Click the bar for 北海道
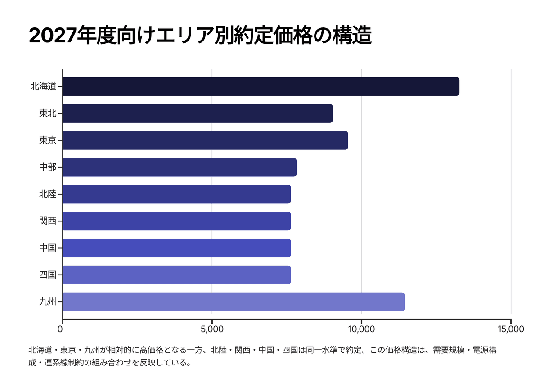pyautogui.click(x=261, y=86)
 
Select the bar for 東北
pyautogui.click(x=198, y=113)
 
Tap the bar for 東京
pyautogui.click(x=205, y=140)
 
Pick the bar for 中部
pyautogui.click(x=180, y=167)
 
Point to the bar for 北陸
pyautogui.click(x=177, y=194)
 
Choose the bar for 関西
pyautogui.click(x=177, y=221)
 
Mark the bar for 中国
pyautogui.click(x=177, y=248)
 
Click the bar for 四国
pyautogui.click(x=177, y=275)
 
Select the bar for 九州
pyautogui.click(x=234, y=302)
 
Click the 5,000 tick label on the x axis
pyautogui.click(x=212, y=329)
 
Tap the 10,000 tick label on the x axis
pyautogui.click(x=361, y=329)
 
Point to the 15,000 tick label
pyautogui.click(x=511, y=329)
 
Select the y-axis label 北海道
pyautogui.click(x=43, y=86)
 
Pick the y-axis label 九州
pyautogui.click(x=48, y=302)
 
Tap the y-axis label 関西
pyautogui.click(x=48, y=221)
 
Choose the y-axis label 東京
pyautogui.click(x=48, y=140)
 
